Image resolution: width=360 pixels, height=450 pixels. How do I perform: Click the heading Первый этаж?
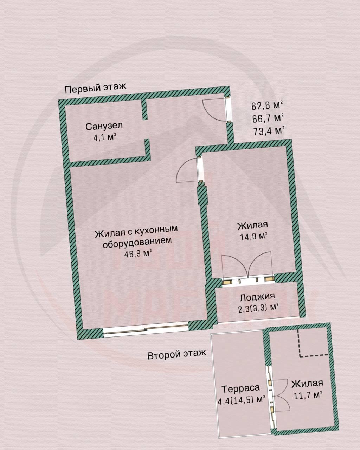pyautogui.click(x=95, y=88)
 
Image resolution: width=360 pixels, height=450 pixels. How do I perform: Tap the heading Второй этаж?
pyautogui.click(x=176, y=354)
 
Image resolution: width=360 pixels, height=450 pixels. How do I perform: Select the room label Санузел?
pyautogui.click(x=104, y=126)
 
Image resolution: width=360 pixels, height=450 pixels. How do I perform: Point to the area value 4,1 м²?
pyautogui.click(x=105, y=137)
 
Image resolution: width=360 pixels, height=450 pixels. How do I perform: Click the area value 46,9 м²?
pyautogui.click(x=138, y=253)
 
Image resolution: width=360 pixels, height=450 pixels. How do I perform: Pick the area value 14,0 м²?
pyautogui.click(x=254, y=237)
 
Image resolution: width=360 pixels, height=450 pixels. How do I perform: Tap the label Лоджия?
pyautogui.click(x=257, y=297)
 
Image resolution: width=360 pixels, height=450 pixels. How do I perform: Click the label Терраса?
pyautogui.click(x=240, y=388)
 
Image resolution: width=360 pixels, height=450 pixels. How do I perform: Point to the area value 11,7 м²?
pyautogui.click(x=308, y=395)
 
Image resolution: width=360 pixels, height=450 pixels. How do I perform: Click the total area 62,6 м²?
pyautogui.click(x=267, y=105)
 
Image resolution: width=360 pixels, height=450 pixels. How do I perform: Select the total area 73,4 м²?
pyautogui.click(x=269, y=131)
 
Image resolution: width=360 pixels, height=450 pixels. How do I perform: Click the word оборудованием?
pyautogui.click(x=137, y=242)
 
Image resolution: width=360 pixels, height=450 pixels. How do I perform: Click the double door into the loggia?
pyautogui.click(x=248, y=267)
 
